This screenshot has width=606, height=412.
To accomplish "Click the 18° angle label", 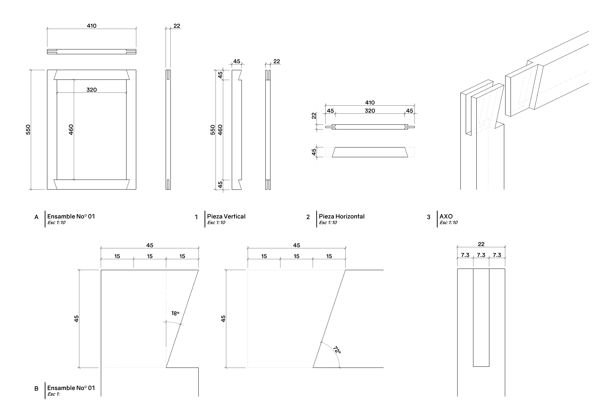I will pos(175,313).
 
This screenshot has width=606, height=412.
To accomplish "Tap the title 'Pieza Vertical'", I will pos(226,216).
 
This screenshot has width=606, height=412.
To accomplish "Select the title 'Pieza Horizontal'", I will pos(342,216).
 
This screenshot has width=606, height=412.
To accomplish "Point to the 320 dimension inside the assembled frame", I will pos(91,90).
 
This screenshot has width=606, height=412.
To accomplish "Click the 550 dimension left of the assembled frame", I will pos(28,130).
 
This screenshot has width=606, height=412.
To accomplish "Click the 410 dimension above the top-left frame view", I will pos(91,26).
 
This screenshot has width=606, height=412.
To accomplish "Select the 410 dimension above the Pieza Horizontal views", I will pos(370,103).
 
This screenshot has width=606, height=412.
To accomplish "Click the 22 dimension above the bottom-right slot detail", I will pos(481,244).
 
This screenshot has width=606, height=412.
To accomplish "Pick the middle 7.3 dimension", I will pos(481,255).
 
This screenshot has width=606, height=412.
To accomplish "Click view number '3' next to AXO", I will pos(428,217).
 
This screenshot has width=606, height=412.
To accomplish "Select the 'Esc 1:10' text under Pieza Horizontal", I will pos(328,223).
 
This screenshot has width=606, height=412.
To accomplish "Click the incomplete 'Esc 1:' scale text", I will pos(54,394).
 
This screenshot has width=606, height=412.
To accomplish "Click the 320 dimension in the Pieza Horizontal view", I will pos(370,111).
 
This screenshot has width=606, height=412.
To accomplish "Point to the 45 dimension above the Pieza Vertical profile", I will pos(237,61).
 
